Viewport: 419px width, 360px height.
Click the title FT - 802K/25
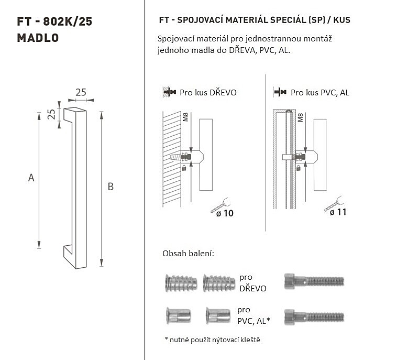click(54, 21)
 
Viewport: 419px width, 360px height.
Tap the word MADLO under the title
click(38, 38)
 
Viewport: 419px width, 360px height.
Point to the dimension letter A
click(31, 178)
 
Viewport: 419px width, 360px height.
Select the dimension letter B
click(111, 186)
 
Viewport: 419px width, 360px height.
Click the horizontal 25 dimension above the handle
click(81, 92)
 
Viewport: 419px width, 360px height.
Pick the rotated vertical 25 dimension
click(51, 114)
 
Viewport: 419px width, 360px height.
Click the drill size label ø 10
click(225, 213)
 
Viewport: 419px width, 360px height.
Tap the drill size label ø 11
click(338, 212)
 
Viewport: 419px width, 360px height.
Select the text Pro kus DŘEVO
click(208, 92)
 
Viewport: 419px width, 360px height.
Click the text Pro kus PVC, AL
click(320, 92)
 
